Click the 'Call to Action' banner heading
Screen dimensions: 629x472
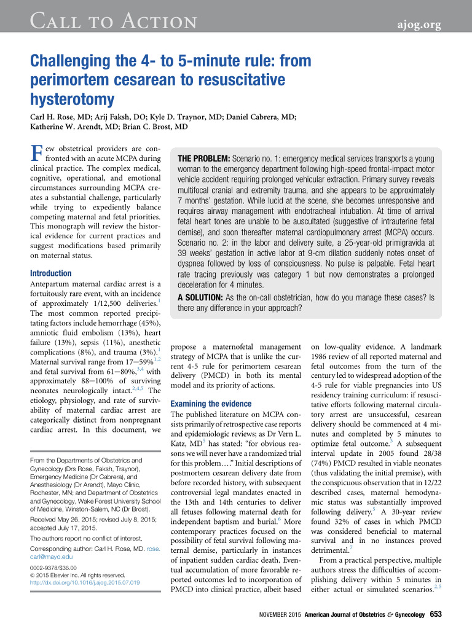tap(114, 23)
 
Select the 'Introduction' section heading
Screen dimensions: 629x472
tap(50, 273)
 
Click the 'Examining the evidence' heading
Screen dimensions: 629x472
tap(211, 404)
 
